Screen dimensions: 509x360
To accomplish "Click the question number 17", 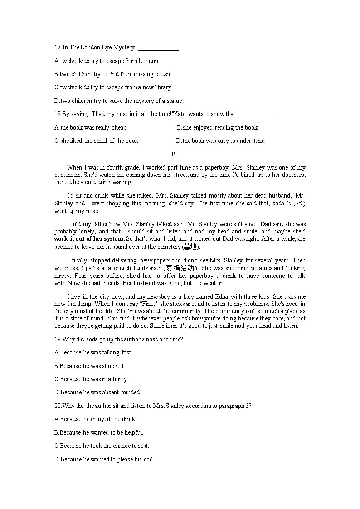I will tap(57, 48).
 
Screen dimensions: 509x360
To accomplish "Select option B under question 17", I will tap(113, 74).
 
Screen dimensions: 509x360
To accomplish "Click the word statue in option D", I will tap(173, 101).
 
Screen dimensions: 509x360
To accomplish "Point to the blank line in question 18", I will tap(258, 115).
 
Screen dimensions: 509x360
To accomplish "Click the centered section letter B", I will tap(173, 155).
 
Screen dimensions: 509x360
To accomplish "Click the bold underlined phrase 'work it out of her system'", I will tap(89, 239).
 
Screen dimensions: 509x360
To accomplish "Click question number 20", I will tap(57, 406).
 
